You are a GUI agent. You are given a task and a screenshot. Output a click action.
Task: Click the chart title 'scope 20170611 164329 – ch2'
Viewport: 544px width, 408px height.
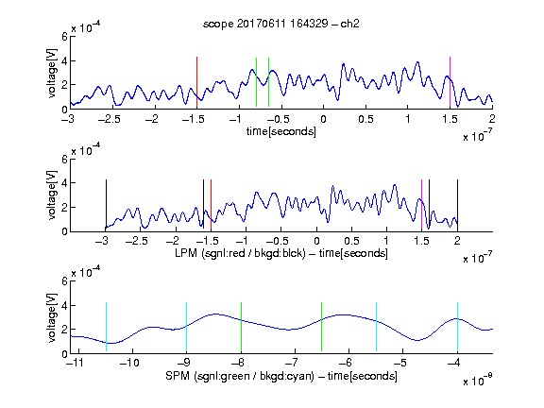pos(281,24)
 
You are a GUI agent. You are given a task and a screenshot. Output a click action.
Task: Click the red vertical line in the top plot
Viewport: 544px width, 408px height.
pos(196,82)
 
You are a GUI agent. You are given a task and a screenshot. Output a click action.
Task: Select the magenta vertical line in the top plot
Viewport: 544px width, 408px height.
pos(450,82)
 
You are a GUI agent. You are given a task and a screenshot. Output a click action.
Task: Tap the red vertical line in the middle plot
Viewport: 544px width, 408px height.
pos(211,205)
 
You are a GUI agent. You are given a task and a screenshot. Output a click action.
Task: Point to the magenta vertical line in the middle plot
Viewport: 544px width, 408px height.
pos(421,205)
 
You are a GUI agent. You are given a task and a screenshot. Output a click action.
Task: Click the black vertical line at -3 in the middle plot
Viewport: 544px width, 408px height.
pos(106,205)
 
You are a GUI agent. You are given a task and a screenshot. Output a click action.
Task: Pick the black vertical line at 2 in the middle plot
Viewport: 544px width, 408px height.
pos(457,205)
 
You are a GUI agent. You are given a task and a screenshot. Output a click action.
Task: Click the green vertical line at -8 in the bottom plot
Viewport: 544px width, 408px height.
pos(241,327)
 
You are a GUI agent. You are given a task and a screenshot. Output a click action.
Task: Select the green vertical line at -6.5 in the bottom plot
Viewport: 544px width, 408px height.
pos(322,327)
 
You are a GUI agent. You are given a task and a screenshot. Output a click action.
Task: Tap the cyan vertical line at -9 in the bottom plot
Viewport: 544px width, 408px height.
pos(187,327)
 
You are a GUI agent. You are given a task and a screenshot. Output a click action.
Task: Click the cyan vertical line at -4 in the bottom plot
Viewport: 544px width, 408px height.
pos(457,327)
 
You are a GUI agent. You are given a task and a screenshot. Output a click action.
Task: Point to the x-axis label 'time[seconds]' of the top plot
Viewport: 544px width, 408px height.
pos(281,131)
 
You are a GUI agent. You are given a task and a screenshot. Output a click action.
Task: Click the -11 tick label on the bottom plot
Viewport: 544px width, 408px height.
pos(76,363)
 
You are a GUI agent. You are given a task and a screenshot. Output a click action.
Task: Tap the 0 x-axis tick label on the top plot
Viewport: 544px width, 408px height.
pos(323,119)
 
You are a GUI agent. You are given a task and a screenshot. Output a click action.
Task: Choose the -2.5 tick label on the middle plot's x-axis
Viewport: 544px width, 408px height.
pos(136,241)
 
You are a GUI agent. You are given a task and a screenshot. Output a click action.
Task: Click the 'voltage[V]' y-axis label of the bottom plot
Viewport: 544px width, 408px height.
pos(51,317)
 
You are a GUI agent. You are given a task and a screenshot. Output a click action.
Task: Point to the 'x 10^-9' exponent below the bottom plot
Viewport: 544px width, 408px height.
pos(478,380)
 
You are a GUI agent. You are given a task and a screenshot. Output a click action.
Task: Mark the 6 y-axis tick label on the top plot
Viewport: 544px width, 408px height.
pos(64,37)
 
